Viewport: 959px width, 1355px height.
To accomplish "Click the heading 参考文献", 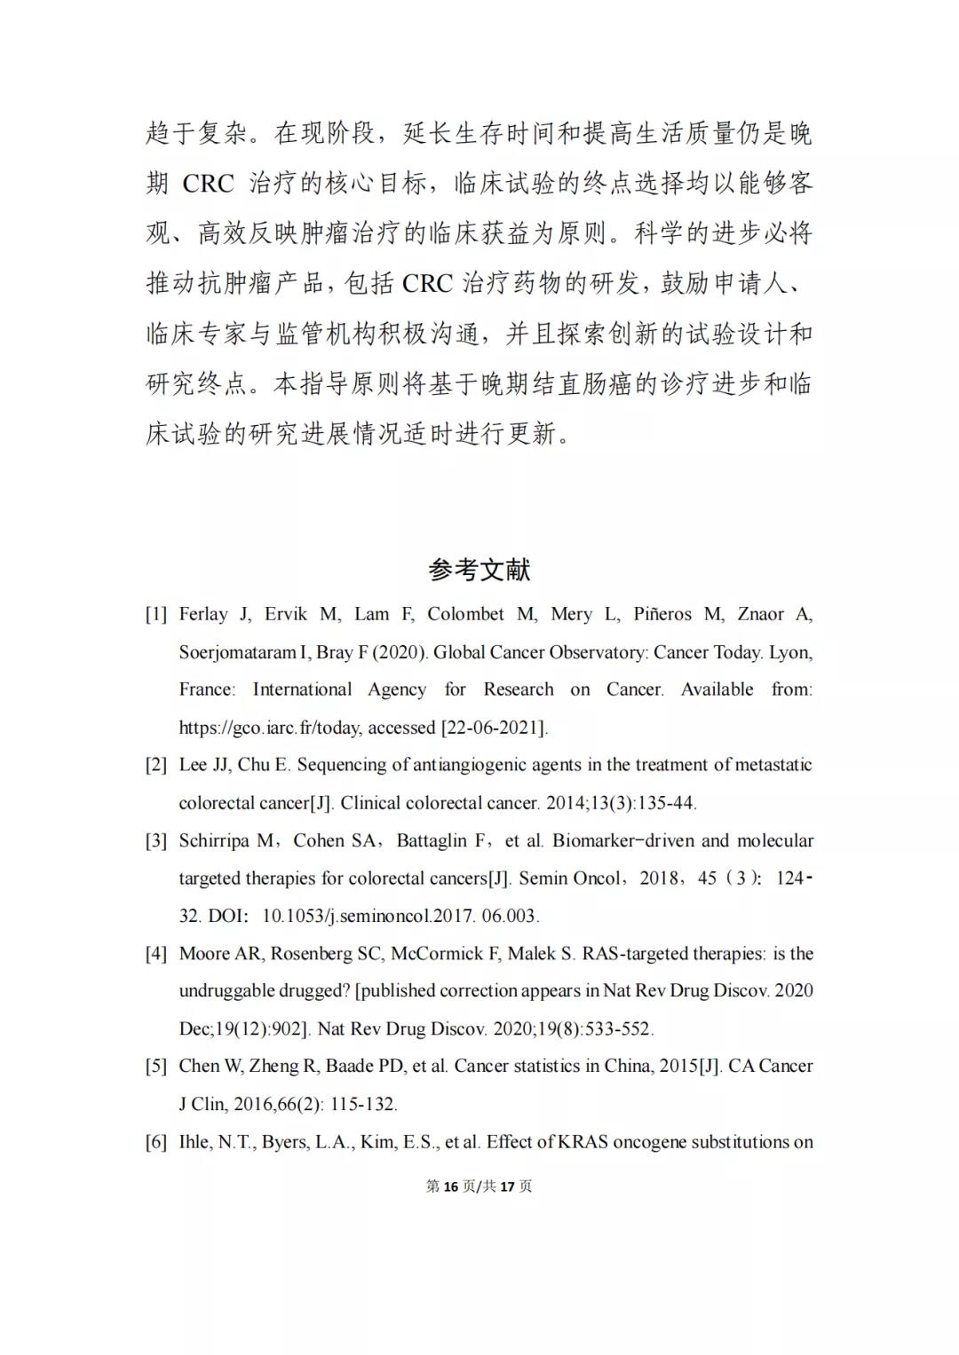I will (x=479, y=570).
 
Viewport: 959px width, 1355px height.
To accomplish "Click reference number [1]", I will (x=156, y=614).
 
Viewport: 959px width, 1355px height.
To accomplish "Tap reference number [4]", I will (x=156, y=954).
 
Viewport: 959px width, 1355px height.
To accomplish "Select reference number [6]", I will (x=156, y=1142).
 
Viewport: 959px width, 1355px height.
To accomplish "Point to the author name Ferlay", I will (x=203, y=614).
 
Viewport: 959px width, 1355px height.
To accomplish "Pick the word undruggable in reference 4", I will (x=227, y=991).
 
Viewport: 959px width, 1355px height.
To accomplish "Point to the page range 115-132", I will (x=364, y=1105).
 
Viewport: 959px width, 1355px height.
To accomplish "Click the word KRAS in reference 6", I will (x=583, y=1142).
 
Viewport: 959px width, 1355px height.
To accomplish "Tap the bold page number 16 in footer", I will (x=450, y=1186).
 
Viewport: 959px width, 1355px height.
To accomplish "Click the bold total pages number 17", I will (x=508, y=1186).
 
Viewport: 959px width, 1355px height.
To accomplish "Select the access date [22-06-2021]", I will (x=494, y=728).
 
